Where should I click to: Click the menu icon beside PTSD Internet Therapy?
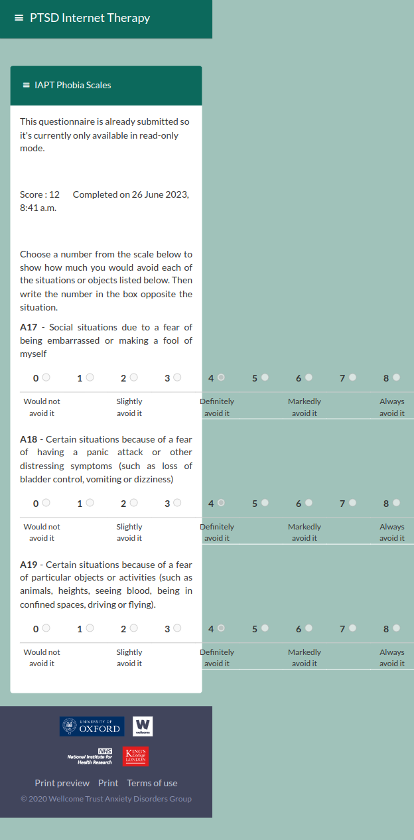click(19, 18)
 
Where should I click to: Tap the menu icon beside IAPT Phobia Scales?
click(27, 85)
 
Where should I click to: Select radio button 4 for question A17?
click(221, 377)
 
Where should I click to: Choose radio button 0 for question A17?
click(46, 377)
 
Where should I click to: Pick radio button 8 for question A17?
click(396, 377)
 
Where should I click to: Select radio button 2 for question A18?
click(133, 502)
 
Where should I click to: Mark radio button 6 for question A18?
click(309, 502)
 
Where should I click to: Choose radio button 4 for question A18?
click(221, 502)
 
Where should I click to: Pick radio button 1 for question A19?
click(90, 628)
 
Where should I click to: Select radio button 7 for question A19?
click(352, 628)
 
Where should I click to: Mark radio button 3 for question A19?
click(177, 628)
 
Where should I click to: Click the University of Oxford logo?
click(92, 726)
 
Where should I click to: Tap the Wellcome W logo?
click(143, 726)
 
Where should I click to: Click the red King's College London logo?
click(135, 756)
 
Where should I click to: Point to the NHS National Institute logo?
click(90, 756)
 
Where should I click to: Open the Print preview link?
click(62, 783)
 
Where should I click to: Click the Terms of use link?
click(152, 783)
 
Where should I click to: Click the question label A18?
click(29, 439)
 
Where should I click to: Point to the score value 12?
click(54, 194)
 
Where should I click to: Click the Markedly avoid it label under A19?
click(305, 658)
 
